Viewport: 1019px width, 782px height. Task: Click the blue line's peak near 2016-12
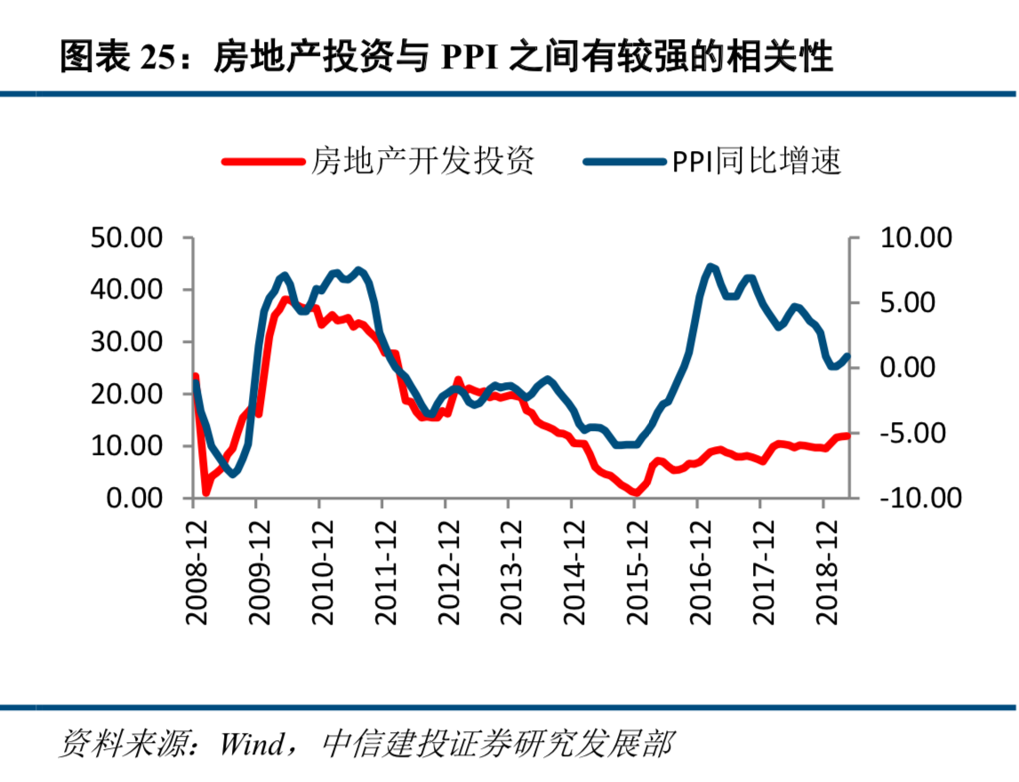[x=710, y=267]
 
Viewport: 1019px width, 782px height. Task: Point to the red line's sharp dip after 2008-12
[x=205, y=491]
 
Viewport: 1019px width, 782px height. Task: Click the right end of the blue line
[x=847, y=356]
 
